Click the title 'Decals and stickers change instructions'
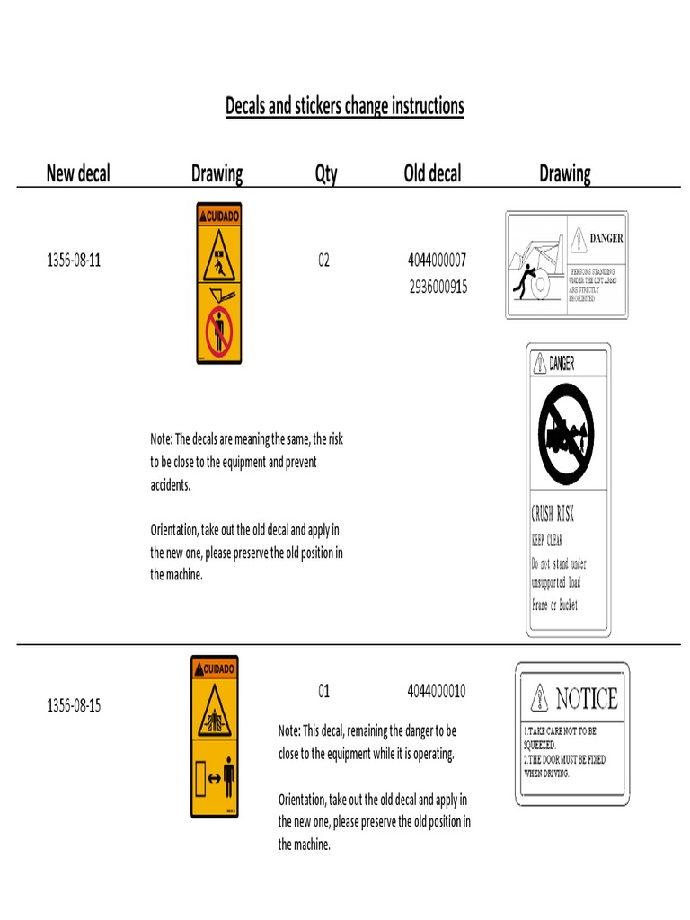344,106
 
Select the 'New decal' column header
78,173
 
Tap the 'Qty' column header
325,173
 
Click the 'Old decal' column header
432,173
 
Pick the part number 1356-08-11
74,261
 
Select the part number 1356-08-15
74,705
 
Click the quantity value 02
323,261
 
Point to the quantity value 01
323,692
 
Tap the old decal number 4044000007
437,261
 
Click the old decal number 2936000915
438,287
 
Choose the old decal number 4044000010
437,692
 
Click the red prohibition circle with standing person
219,332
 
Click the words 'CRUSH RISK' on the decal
553,515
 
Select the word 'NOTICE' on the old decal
586,698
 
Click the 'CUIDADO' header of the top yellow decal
219,216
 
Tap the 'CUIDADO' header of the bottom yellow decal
215,669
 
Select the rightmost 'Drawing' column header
564,173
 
